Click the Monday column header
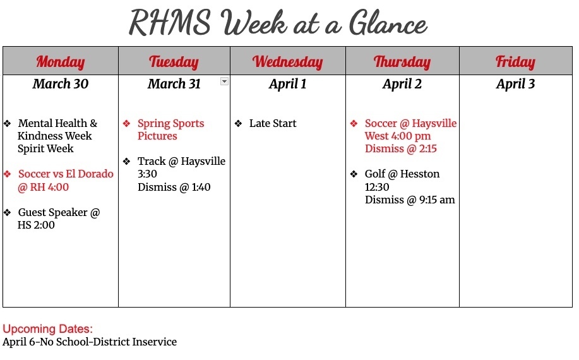61,61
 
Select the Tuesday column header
174,61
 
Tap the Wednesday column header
288,61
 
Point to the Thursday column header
402,61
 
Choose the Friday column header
515,61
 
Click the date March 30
61,84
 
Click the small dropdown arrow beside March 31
224,81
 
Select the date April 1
288,84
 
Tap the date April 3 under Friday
515,84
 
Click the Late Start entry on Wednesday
273,124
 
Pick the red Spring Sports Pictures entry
170,129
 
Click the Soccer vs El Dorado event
65,181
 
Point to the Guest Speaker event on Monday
59,219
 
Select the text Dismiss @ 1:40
174,187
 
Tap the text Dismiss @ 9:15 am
410,200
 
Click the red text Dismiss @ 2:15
401,149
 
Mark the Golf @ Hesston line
402,174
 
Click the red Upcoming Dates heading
48,329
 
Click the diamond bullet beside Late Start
238,124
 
